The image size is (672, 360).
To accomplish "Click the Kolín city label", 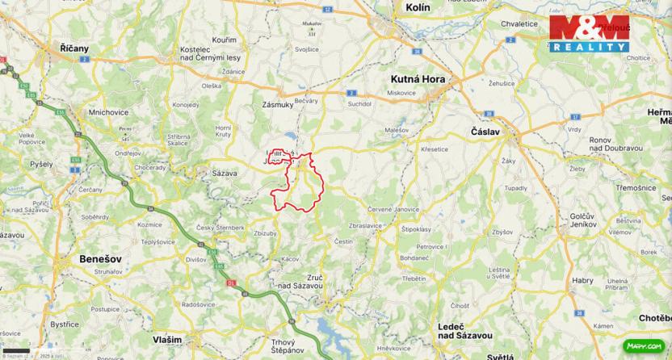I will point(418,7).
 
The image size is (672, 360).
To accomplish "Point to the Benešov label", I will point(100,258).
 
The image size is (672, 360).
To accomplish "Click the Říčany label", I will point(75,48).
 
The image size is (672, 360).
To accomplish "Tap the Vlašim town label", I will point(166,340).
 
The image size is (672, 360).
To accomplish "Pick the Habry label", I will point(582,280).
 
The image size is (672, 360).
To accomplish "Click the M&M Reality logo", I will point(589,34).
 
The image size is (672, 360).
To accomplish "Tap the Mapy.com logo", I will point(645,346).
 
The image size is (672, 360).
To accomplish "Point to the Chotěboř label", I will point(655,318).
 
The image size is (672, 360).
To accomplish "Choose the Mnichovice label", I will point(107,112).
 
